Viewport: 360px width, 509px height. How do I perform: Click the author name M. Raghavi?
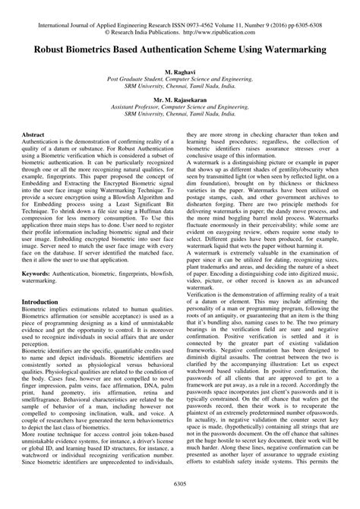pyautogui.click(x=180, y=70)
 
